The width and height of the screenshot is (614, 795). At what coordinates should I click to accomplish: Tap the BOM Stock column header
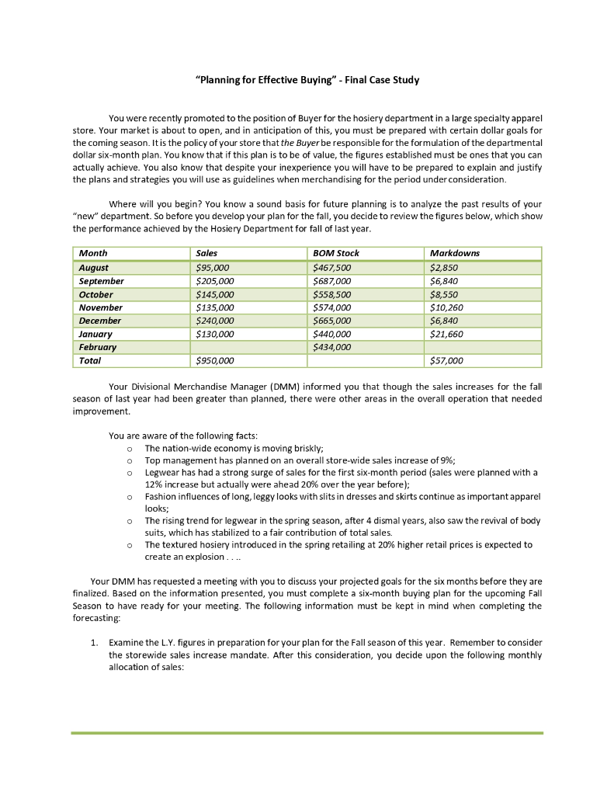[335, 253]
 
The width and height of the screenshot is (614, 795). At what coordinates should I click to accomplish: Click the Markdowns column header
[454, 253]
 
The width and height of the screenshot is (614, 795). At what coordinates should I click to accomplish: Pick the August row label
[94, 267]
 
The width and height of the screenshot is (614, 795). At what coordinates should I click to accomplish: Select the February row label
[97, 347]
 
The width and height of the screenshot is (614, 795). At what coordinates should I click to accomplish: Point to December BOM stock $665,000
[332, 321]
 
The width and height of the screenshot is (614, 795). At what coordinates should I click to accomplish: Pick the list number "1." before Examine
[94, 643]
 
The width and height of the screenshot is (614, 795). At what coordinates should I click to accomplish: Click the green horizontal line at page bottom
[307, 732]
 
